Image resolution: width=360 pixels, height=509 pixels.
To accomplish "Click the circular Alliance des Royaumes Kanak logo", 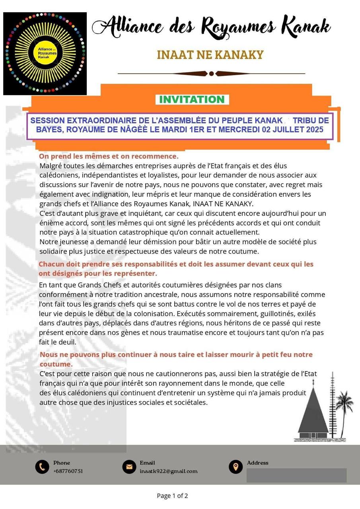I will [x=45, y=54].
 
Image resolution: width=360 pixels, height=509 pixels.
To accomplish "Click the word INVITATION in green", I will [x=192, y=99].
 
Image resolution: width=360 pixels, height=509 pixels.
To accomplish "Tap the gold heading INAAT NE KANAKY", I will [x=210, y=55].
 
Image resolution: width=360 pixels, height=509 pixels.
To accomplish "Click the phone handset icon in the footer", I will [x=42, y=467].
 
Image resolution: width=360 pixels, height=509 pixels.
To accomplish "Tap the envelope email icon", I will [x=129, y=467].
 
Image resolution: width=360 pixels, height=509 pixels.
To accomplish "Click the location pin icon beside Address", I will [x=235, y=467].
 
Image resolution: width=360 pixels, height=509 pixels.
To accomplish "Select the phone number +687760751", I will [x=68, y=471].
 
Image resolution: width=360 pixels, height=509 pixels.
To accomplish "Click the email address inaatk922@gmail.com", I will [x=168, y=471].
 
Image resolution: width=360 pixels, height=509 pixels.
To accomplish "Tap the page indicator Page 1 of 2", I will [x=172, y=495].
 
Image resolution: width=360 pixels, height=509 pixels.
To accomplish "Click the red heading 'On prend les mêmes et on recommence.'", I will [x=109, y=156].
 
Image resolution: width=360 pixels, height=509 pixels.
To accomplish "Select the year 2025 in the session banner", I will [x=315, y=130].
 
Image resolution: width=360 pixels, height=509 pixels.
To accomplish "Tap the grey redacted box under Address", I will [x=296, y=475].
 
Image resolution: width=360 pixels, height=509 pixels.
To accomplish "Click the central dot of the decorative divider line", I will [x=211, y=74].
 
